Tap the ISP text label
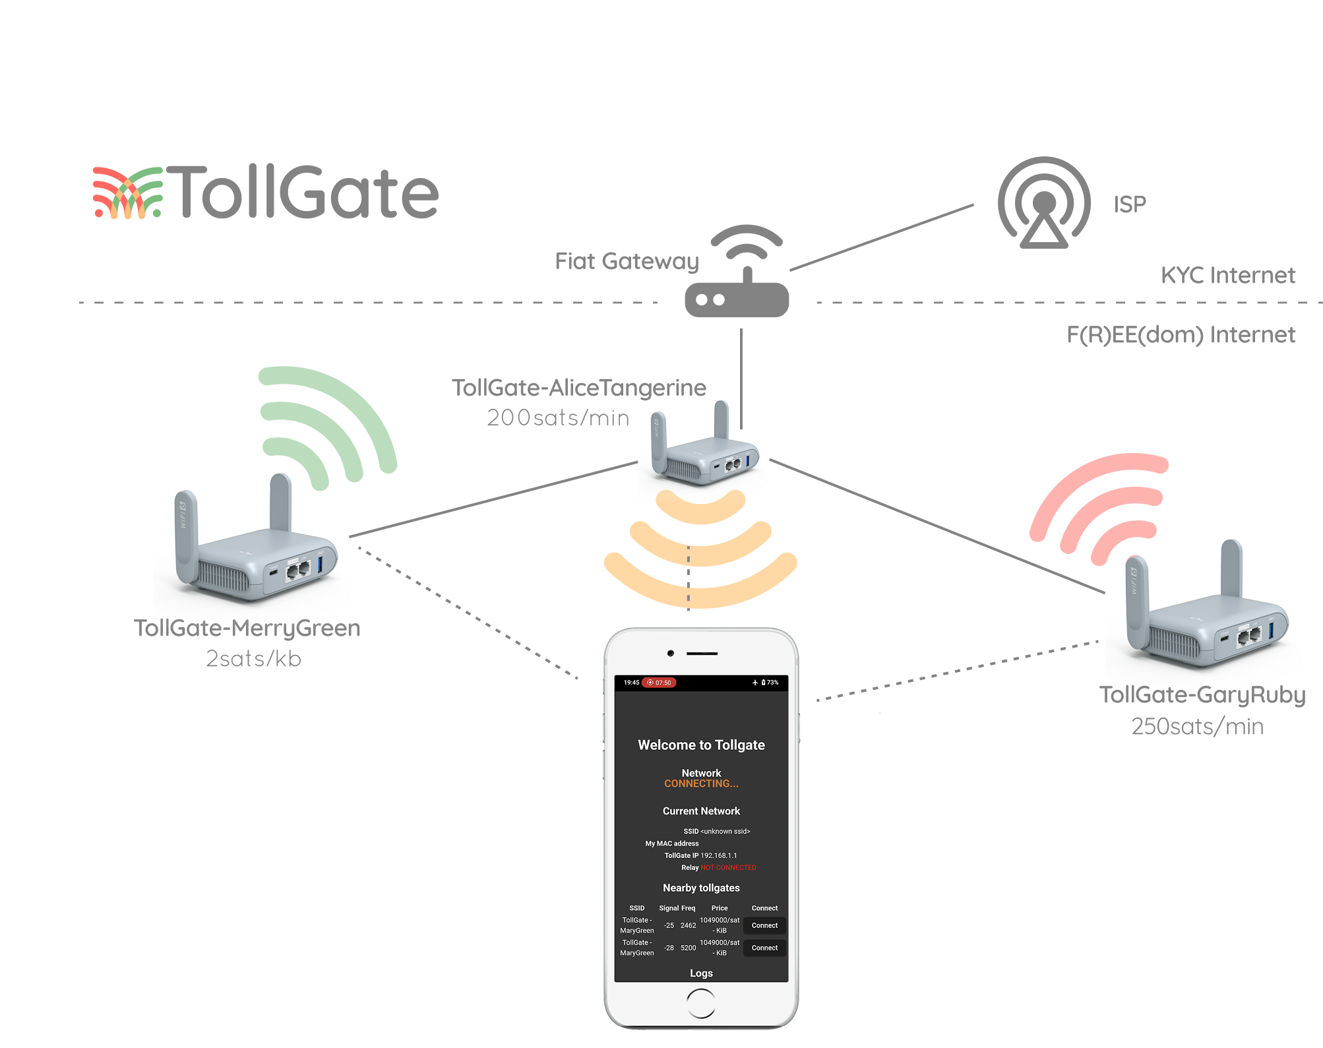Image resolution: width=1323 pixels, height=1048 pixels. [1130, 204]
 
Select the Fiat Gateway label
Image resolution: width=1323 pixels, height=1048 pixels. [627, 262]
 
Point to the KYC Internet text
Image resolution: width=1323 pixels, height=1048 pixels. [1227, 275]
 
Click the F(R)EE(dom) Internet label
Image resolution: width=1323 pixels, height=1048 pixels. [1181, 335]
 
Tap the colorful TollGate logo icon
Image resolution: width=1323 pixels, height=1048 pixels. [127, 193]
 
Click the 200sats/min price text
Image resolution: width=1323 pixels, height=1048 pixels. [558, 417]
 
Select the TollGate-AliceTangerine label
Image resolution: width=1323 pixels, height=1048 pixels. [578, 388]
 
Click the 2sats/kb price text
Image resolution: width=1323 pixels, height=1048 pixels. [253, 659]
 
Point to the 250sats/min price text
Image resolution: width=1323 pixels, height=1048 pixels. [1197, 726]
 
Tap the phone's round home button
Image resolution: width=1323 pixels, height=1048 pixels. [700, 1004]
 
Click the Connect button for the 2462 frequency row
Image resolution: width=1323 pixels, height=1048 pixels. [764, 925]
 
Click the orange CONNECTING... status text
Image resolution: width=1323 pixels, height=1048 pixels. [701, 784]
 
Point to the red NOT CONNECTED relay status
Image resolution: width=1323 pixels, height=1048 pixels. [728, 867]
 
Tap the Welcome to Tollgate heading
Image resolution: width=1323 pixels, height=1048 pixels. [701, 745]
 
